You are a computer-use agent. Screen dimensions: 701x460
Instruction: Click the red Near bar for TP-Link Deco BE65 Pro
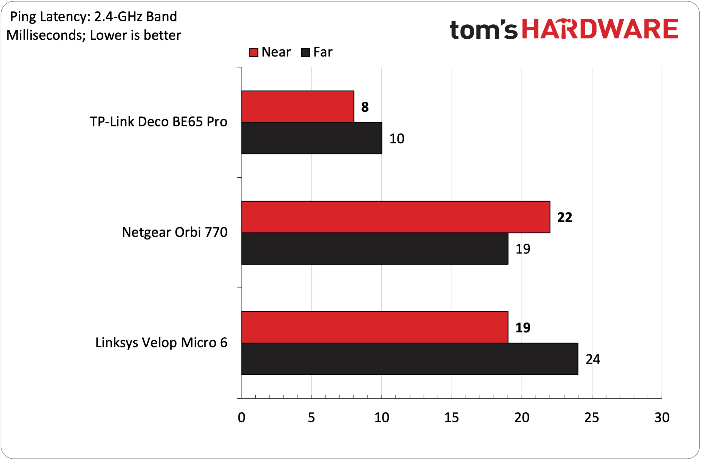[298, 106]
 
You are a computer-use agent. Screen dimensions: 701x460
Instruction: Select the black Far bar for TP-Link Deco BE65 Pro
[312, 138]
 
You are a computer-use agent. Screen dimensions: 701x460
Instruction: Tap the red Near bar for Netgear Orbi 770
[396, 217]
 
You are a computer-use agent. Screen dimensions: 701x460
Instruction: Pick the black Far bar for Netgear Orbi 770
[375, 249]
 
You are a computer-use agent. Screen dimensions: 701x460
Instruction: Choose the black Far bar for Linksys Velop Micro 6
[410, 359]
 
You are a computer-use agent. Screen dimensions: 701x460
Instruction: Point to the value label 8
[365, 107]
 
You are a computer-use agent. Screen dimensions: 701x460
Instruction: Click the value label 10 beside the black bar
[397, 139]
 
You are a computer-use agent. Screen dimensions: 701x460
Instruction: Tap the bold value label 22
[565, 218]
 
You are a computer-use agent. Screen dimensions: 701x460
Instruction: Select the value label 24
[593, 359]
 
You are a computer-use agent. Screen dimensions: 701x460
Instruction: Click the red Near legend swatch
[254, 52]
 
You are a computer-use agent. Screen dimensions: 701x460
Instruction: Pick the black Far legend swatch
[305, 52]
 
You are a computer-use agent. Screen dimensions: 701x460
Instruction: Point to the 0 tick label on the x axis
[242, 417]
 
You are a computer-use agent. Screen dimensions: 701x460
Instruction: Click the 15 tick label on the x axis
[452, 417]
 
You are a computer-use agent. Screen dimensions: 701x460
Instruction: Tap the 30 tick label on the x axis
[662, 417]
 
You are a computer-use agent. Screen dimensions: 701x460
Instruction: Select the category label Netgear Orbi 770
[175, 233]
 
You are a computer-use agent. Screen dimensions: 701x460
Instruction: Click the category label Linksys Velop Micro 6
[161, 343]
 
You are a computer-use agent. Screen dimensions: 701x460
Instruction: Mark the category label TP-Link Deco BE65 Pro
[158, 122]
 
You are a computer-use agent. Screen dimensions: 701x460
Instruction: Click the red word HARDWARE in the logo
[600, 29]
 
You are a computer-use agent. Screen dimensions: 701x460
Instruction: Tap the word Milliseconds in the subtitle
[46, 35]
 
